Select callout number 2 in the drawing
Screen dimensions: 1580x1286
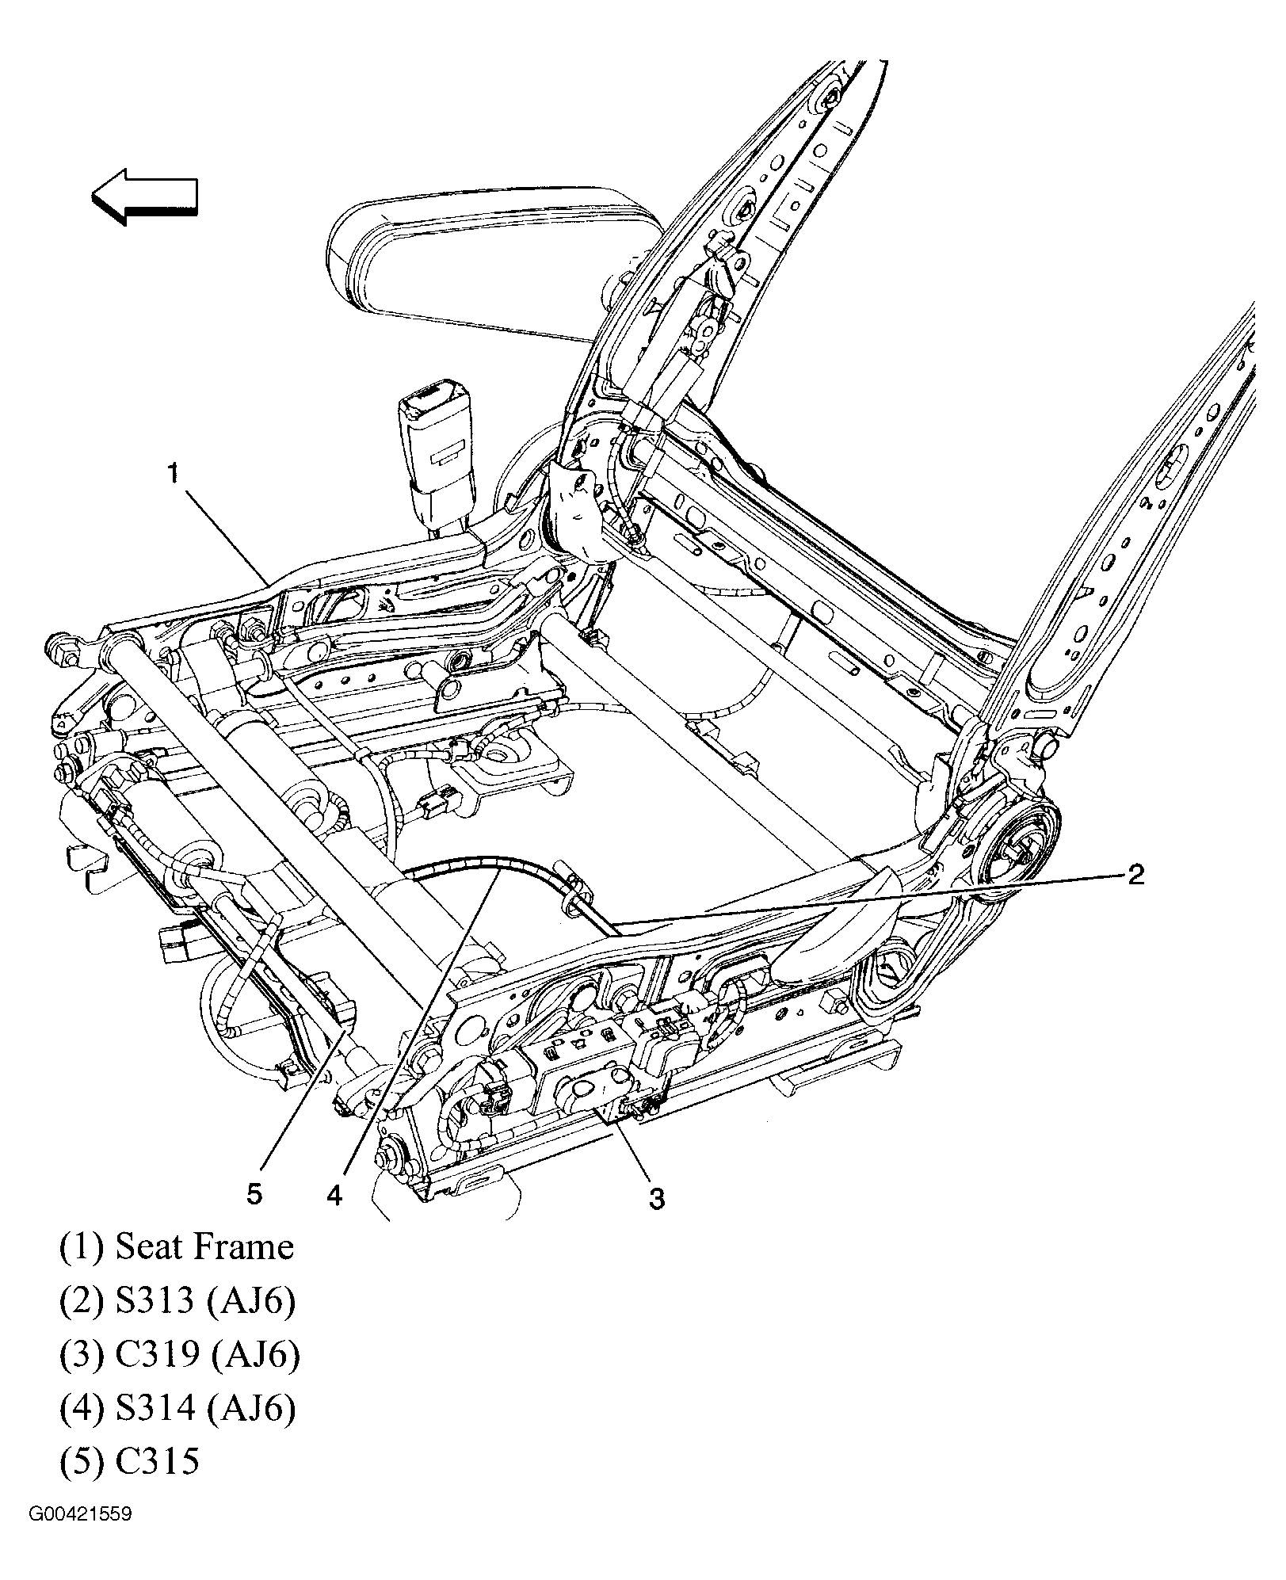click(1135, 875)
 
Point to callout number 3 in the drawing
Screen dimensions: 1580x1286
click(657, 1199)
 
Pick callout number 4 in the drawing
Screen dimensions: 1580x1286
click(334, 1196)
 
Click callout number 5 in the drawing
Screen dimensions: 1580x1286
click(254, 1193)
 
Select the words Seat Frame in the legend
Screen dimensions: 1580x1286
click(204, 1247)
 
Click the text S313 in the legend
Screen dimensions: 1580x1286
click(155, 1301)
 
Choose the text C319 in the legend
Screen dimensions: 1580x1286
click(157, 1355)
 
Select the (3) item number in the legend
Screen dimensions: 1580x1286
click(82, 1355)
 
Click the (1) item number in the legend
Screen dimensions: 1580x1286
click(82, 1247)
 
